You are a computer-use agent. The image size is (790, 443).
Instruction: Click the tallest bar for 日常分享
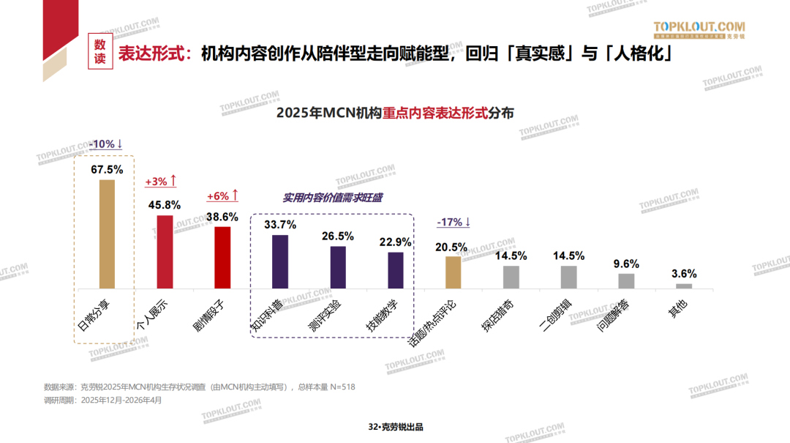click(x=107, y=234)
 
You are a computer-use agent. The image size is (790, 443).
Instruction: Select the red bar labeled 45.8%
click(x=165, y=251)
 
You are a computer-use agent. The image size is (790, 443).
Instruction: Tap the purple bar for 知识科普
click(x=280, y=261)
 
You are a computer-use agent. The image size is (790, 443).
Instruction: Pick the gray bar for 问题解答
click(x=626, y=280)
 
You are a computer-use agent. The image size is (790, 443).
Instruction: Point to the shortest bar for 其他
click(x=684, y=286)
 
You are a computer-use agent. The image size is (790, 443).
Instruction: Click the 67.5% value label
click(x=107, y=169)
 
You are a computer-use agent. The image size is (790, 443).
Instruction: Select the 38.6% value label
click(x=222, y=217)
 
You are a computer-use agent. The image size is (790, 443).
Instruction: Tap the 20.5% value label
click(x=453, y=247)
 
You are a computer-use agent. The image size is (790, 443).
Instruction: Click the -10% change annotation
click(x=106, y=144)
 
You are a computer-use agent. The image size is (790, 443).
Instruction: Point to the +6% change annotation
click(x=222, y=196)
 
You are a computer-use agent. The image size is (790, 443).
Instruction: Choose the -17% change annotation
click(x=454, y=222)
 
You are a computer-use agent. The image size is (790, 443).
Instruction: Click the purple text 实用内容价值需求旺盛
click(x=333, y=198)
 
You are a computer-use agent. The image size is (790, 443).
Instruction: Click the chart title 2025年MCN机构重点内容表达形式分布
click(x=395, y=113)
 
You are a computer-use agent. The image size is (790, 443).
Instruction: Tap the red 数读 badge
click(x=100, y=52)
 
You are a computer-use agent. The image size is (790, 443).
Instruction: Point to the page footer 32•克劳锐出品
click(x=396, y=427)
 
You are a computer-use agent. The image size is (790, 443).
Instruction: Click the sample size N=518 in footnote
click(x=342, y=387)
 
